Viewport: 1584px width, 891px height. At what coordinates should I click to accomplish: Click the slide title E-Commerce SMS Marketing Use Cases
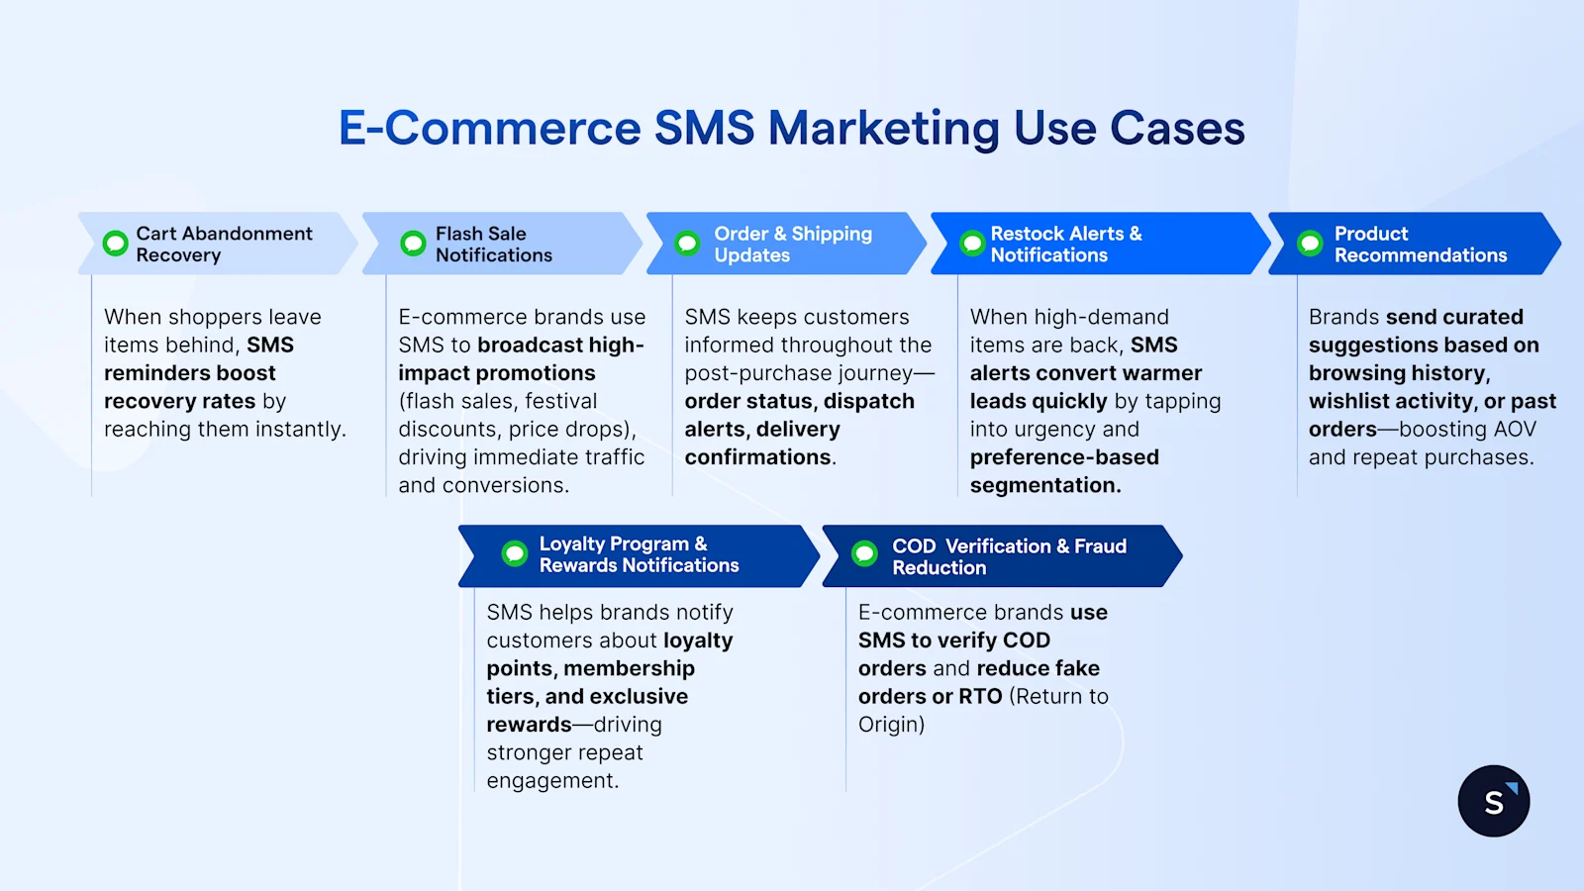[791, 129]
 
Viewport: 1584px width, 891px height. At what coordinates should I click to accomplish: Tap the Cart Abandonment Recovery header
[224, 245]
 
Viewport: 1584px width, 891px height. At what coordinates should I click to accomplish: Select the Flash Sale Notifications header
[493, 245]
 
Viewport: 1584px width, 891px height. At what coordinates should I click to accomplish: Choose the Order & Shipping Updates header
[792, 245]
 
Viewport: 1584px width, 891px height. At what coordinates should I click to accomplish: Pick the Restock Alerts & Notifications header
[1065, 245]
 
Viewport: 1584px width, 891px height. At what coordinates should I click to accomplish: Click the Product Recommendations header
[1420, 245]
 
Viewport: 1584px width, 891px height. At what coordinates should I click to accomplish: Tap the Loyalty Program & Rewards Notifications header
[639, 554]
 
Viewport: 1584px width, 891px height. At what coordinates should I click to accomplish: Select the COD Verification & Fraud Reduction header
[1008, 556]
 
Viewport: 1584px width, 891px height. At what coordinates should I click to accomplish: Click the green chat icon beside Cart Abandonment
[116, 243]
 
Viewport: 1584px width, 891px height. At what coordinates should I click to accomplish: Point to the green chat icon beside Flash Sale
[413, 243]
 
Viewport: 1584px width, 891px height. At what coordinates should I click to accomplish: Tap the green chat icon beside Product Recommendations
[1310, 243]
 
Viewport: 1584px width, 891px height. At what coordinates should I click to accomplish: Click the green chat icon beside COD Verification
[864, 553]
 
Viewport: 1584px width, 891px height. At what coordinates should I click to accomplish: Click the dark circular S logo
[1493, 801]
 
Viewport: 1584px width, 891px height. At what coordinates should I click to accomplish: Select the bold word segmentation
[1044, 486]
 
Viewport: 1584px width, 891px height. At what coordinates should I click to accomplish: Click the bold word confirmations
[758, 457]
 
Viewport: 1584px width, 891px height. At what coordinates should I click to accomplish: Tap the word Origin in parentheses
[888, 725]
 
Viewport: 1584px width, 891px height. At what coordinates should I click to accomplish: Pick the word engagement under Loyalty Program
[550, 781]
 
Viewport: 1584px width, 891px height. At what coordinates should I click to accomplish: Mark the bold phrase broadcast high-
[560, 346]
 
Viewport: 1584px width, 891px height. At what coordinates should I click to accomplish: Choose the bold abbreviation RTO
[980, 697]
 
